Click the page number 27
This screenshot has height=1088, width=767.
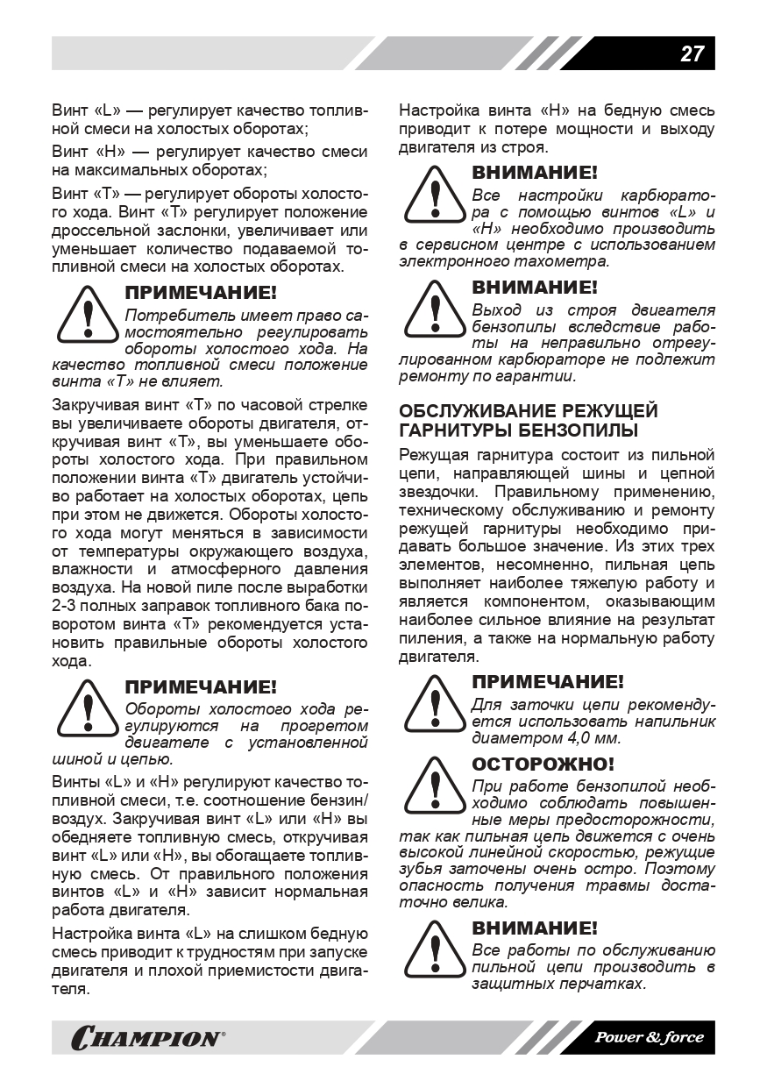pyautogui.click(x=692, y=53)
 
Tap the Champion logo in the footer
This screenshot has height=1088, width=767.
pyautogui.click(x=146, y=1038)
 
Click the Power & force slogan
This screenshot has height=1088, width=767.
pyautogui.click(x=650, y=1037)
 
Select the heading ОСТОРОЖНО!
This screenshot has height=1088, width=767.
pyautogui.click(x=543, y=764)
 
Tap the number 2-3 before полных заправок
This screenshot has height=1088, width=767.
pyautogui.click(x=66, y=605)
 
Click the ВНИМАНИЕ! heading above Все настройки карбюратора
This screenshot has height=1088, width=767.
pyautogui.click(x=535, y=173)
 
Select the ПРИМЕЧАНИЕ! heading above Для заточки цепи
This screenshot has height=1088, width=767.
pyautogui.click(x=548, y=682)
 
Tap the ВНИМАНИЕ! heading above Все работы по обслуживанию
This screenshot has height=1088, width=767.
pyautogui.click(x=535, y=928)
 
